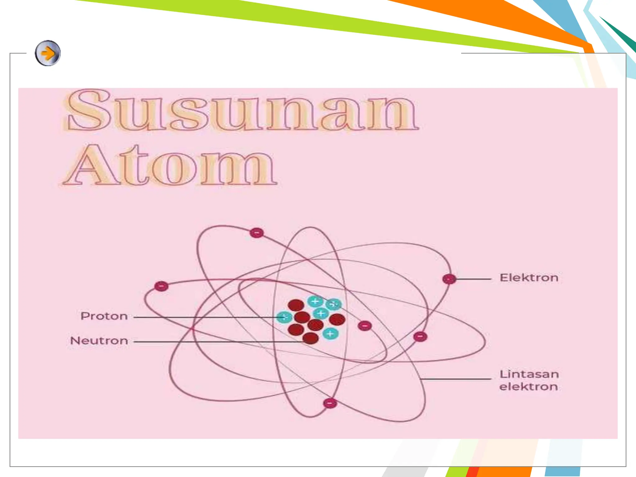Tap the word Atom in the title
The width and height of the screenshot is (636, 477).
170,166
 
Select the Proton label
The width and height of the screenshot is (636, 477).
104,316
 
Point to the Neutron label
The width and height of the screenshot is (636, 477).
99,341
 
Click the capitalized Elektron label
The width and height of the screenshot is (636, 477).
529,278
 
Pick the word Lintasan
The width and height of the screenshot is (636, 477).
529,374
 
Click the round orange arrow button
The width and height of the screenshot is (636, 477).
48,53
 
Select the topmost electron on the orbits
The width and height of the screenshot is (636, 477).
257,233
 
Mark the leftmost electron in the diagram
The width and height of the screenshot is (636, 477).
161,286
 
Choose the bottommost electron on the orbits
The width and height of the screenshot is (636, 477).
330,403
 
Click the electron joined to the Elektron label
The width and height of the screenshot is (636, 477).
449,279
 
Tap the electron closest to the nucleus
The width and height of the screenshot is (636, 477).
365,326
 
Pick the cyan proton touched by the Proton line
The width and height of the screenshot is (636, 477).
284,317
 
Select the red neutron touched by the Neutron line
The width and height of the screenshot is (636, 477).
310,338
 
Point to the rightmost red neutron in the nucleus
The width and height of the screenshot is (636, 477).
337,319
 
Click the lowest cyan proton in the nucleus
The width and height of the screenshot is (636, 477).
330,334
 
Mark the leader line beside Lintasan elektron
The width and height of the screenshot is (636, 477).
455,379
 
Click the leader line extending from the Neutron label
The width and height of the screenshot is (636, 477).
217,342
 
